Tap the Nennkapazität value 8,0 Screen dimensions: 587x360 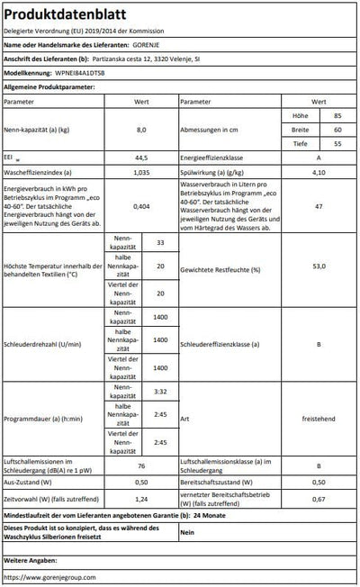(x=140, y=130)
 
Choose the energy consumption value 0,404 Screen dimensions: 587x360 (x=140, y=206)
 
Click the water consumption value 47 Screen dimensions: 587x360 (x=318, y=206)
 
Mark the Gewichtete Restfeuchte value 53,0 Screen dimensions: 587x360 (x=318, y=267)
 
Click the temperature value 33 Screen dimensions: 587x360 (x=160, y=243)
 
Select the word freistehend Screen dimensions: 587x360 (x=318, y=418)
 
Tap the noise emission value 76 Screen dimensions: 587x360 (x=140, y=466)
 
